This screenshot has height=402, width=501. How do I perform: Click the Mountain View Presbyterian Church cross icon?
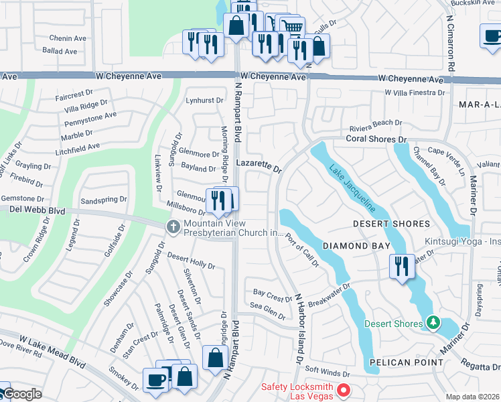[x=173, y=228]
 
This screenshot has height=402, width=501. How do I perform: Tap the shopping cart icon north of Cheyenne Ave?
[x=292, y=27]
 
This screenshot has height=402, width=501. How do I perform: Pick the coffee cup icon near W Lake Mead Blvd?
[x=157, y=379]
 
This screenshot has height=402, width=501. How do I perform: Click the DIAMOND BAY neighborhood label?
[x=356, y=246]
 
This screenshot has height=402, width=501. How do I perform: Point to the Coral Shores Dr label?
[x=376, y=139]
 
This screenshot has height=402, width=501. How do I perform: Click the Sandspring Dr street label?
[x=103, y=200]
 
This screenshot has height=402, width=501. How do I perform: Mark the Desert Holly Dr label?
[x=191, y=261]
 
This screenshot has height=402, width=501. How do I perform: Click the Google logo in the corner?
[x=21, y=395]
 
